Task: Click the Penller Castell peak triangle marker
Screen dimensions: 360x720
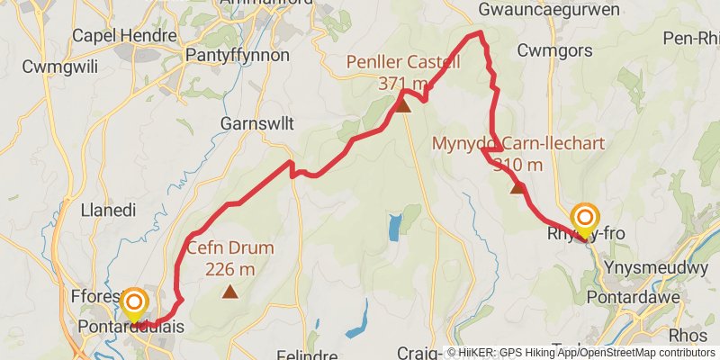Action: point(403,106)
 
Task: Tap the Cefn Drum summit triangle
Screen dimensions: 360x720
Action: point(231,291)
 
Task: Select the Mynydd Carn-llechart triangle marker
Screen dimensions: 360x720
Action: point(517,187)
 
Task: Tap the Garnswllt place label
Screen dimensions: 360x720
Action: point(253,124)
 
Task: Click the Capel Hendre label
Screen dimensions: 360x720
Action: point(112,35)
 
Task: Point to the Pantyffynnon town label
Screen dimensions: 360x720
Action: point(237,56)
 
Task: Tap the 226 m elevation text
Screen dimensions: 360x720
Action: point(229,268)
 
